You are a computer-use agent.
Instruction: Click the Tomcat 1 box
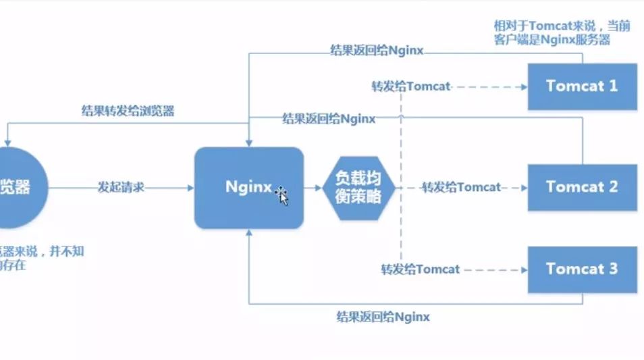[582, 86]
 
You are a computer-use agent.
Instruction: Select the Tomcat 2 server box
[582, 187]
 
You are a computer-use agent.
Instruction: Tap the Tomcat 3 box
[582, 269]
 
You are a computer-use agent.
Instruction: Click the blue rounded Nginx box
[248, 187]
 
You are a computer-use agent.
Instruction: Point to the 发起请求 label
[121, 187]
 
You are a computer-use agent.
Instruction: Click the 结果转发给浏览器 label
[128, 111]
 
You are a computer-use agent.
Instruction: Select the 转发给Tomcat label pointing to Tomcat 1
[410, 86]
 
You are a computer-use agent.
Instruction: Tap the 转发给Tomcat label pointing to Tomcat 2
[461, 187]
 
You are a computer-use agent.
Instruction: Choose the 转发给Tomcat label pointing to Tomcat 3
[420, 269]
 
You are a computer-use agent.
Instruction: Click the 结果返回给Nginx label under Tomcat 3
[383, 316]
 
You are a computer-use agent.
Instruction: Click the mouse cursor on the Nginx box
[281, 195]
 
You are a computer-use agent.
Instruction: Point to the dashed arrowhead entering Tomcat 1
[522, 86]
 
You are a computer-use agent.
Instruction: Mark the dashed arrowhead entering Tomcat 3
[522, 269]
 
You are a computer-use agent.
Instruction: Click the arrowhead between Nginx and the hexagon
[317, 187]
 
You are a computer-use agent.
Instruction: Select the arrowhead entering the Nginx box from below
[250, 233]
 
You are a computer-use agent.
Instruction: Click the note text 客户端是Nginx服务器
[552, 40]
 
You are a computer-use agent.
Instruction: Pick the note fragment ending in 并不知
[44, 251]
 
